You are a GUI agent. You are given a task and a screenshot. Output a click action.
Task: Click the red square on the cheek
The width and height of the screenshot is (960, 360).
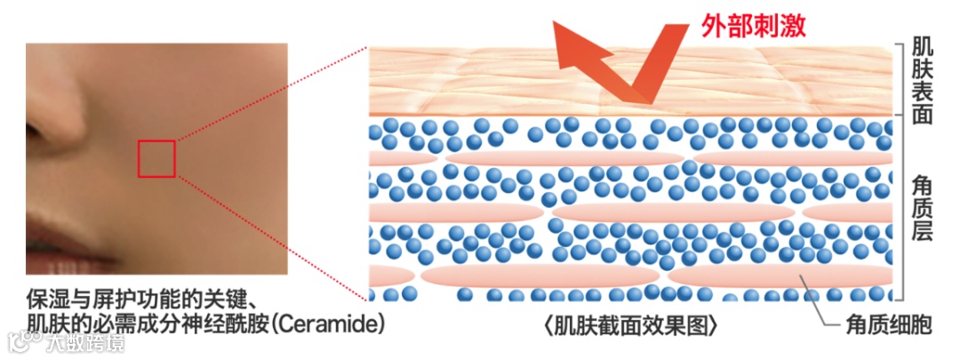tap(156, 158)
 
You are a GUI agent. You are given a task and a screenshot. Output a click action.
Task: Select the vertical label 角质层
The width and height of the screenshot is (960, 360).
tap(923, 207)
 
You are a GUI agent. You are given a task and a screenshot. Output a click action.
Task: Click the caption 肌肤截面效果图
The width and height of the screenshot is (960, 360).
tap(630, 325)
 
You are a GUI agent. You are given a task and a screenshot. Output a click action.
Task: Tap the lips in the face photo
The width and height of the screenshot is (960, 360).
tap(53, 258)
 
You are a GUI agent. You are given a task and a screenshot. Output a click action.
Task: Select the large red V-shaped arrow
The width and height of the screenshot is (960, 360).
tap(622, 62)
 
